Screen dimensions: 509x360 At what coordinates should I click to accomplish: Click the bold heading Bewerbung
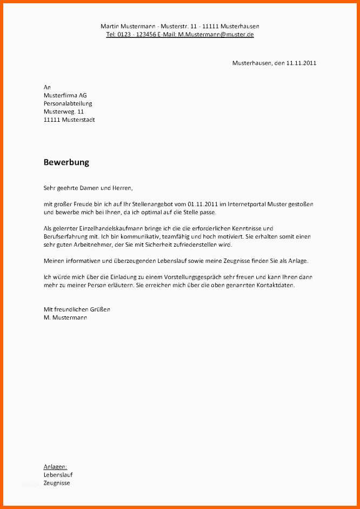[x=66, y=162]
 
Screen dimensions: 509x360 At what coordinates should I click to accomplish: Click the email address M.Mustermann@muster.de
[x=216, y=34]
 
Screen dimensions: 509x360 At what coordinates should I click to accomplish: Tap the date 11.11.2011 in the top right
[x=301, y=63]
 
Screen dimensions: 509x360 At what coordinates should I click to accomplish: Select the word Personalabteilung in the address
[x=68, y=103]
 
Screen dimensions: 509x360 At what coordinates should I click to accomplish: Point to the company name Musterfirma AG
[x=65, y=95]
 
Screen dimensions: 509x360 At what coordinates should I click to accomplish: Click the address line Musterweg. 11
[x=64, y=111]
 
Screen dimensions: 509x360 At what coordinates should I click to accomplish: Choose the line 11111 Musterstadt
[x=69, y=120]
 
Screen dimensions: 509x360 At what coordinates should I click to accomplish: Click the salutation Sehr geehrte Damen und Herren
[x=88, y=188]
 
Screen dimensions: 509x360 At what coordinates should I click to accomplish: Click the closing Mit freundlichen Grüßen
[x=77, y=309]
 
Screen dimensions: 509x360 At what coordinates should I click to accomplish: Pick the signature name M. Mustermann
[x=65, y=318]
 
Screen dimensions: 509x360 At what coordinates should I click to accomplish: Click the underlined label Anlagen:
[x=55, y=466]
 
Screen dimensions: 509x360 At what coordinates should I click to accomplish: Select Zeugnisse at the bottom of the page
[x=57, y=482]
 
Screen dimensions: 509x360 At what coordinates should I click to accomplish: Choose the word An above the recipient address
[x=47, y=87]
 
